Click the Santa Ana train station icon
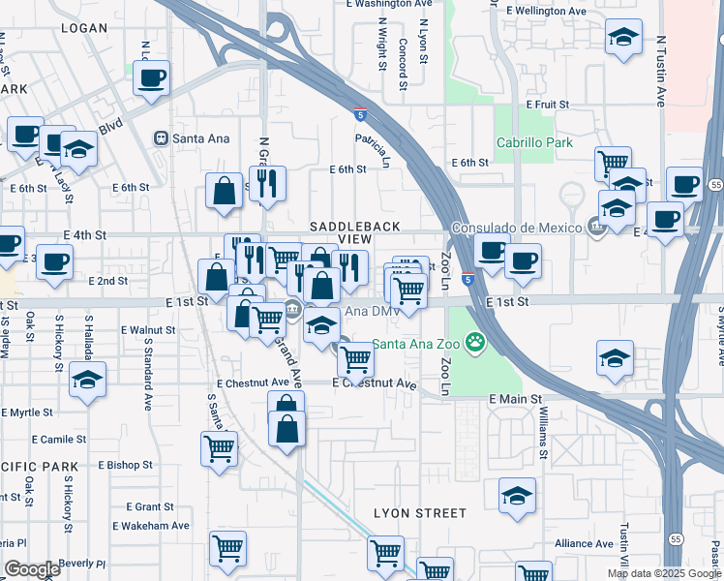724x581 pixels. [160, 138]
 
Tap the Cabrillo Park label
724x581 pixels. [534, 143]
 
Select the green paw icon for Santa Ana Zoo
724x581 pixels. [475, 342]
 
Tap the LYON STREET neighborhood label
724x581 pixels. [420, 513]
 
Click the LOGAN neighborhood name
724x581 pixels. [84, 28]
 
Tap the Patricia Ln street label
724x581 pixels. [373, 150]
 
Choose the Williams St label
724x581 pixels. [544, 434]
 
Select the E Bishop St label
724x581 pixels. [125, 466]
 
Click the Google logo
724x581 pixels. [32, 569]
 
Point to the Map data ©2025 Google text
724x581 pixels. [663, 573]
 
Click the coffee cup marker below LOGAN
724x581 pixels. [151, 78]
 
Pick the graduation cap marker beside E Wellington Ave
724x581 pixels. [624, 38]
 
